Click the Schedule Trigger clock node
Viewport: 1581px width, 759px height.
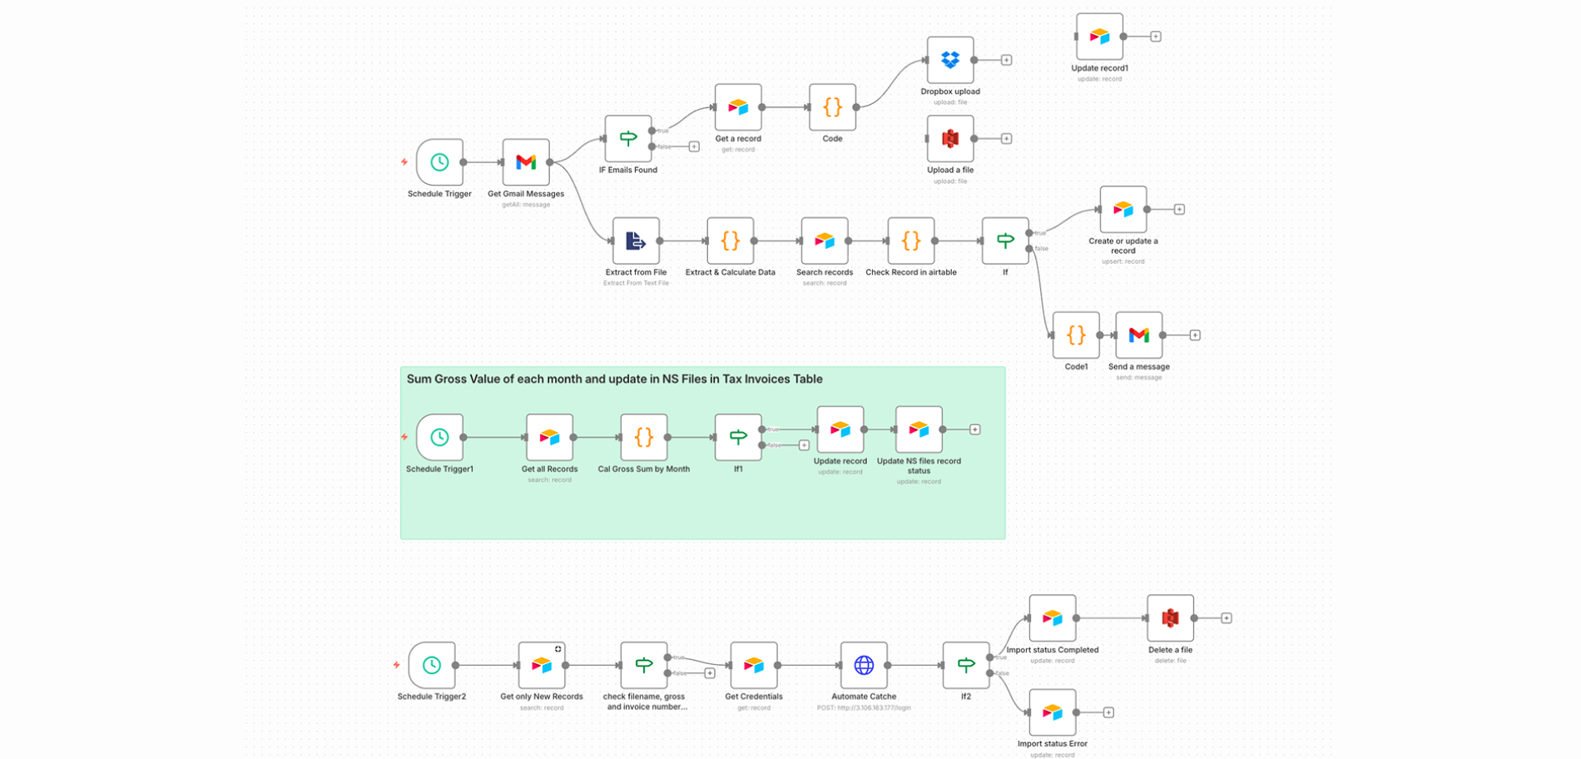pyautogui.click(x=439, y=162)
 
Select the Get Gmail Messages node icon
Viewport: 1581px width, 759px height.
pyautogui.click(x=526, y=162)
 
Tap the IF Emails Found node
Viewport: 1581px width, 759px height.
pyautogui.click(x=628, y=138)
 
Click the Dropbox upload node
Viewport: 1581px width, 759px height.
pyautogui.click(x=950, y=60)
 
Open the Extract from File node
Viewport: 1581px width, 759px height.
pyautogui.click(x=636, y=241)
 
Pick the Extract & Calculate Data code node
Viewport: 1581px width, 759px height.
pyautogui.click(x=730, y=241)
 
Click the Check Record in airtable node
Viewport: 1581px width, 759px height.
pyautogui.click(x=911, y=241)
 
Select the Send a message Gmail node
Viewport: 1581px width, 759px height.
pyautogui.click(x=1138, y=335)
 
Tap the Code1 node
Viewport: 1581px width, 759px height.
pyautogui.click(x=1076, y=335)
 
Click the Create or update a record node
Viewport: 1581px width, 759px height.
pyautogui.click(x=1123, y=209)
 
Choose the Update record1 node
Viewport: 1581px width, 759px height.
pyautogui.click(x=1099, y=37)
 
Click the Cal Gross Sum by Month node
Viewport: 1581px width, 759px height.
pyautogui.click(x=643, y=437)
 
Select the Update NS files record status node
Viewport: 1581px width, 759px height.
pyautogui.click(x=919, y=429)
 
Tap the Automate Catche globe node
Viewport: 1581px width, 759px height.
pyautogui.click(x=864, y=665)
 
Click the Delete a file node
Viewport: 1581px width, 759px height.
pyautogui.click(x=1170, y=618)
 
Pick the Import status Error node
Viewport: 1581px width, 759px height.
pyautogui.click(x=1052, y=712)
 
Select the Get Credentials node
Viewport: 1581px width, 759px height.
pyautogui.click(x=754, y=665)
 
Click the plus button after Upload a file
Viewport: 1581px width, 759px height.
pyautogui.click(x=1006, y=139)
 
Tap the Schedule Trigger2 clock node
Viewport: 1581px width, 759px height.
pyautogui.click(x=431, y=665)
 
